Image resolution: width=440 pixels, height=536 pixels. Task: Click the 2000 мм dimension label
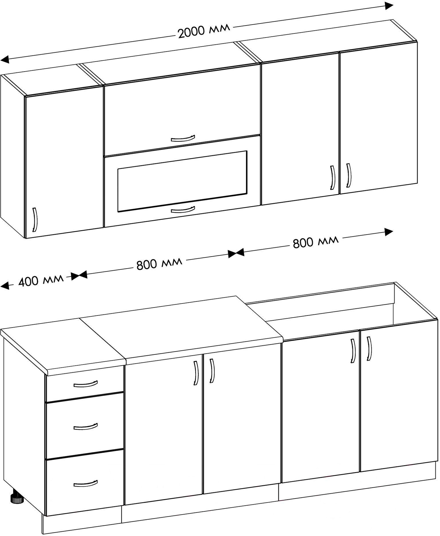(x=204, y=30)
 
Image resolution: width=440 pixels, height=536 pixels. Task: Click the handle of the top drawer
(x=85, y=384)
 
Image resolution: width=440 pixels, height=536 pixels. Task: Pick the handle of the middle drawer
(x=85, y=426)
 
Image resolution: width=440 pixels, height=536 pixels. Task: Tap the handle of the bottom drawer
(x=85, y=484)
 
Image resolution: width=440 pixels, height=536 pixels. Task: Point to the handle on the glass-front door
(x=183, y=210)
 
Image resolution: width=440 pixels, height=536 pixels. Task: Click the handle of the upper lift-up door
(x=183, y=138)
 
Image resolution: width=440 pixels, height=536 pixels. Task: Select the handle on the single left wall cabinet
(x=35, y=220)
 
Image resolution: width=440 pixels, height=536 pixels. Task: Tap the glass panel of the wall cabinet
(x=182, y=181)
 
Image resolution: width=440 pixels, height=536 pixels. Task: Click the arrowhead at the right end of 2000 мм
(x=389, y=6)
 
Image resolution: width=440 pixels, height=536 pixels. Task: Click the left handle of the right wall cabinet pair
(x=333, y=177)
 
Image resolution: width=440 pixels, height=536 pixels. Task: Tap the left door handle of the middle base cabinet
(x=196, y=373)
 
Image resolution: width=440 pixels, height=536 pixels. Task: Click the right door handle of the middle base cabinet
(x=212, y=371)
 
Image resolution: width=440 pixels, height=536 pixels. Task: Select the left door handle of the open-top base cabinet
(x=353, y=351)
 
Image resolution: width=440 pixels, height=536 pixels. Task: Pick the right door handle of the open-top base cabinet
(x=369, y=348)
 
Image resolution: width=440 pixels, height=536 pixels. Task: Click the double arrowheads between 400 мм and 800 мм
(x=79, y=275)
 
